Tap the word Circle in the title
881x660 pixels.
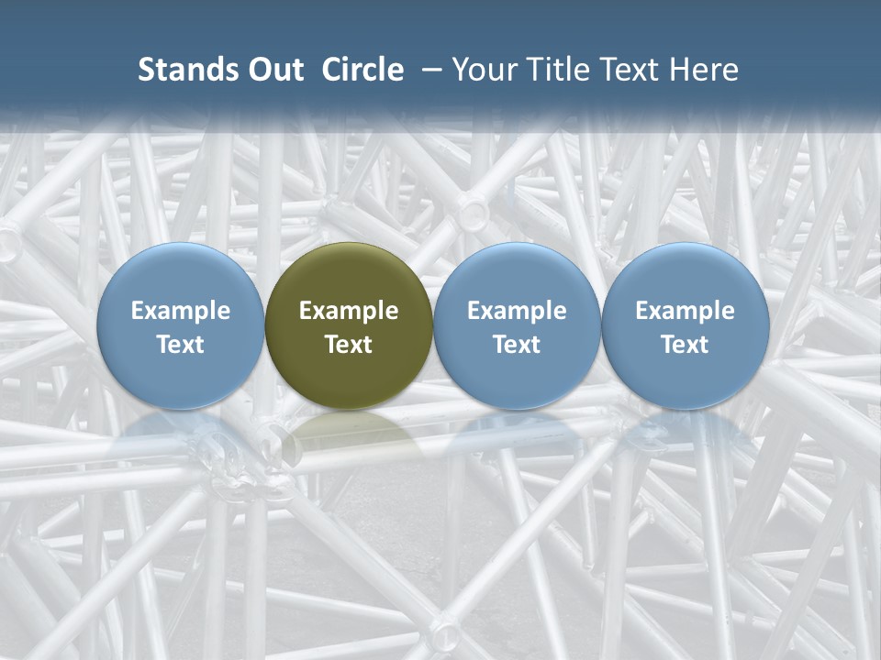point(362,70)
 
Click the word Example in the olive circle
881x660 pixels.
point(349,311)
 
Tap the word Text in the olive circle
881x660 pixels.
point(349,345)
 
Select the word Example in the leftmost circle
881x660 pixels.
point(180,311)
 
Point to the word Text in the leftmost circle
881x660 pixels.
point(180,345)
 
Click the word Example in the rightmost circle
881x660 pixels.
point(686,311)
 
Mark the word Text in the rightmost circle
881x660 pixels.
point(686,345)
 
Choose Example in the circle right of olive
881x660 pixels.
point(517,311)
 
